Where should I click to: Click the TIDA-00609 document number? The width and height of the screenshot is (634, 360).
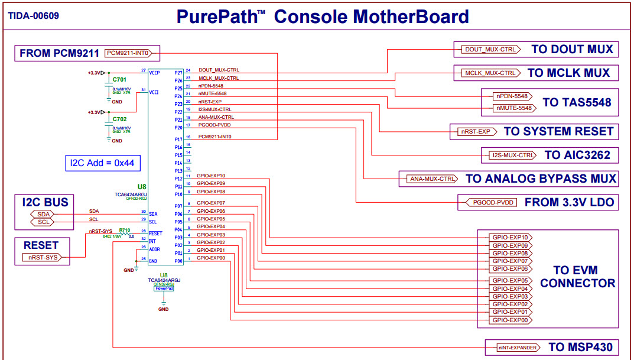pyautogui.click(x=34, y=16)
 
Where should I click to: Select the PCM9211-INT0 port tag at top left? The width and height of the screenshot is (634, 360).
pyautogui.click(x=128, y=53)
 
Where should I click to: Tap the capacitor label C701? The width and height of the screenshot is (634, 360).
pyautogui.click(x=119, y=79)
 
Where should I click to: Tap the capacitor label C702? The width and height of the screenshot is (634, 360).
pyautogui.click(x=119, y=119)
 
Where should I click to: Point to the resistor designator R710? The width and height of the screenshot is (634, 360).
pyautogui.click(x=124, y=230)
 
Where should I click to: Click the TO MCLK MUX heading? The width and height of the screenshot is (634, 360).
pyautogui.click(x=568, y=73)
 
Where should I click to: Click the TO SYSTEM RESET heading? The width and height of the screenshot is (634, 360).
pyautogui.click(x=558, y=131)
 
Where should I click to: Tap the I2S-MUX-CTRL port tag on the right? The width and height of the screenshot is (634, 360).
pyautogui.click(x=513, y=155)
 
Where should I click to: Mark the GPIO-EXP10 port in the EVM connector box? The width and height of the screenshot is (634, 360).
pyautogui.click(x=510, y=237)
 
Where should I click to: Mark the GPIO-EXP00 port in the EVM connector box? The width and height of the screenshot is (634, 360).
pyautogui.click(x=510, y=320)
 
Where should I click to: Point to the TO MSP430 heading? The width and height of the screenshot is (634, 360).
pyautogui.click(x=580, y=347)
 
